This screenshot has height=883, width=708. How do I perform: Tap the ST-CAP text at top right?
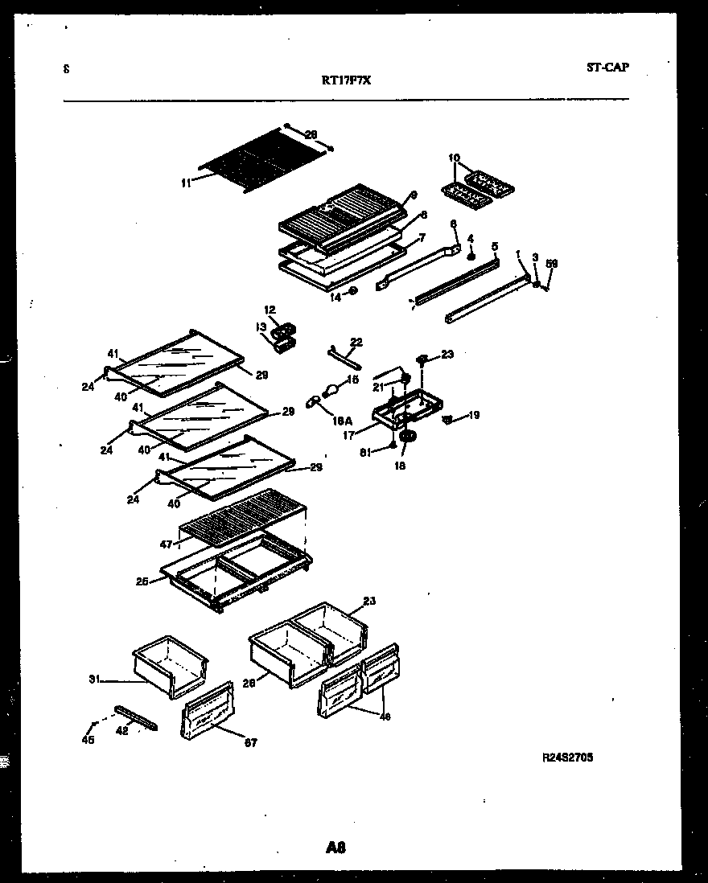(x=607, y=68)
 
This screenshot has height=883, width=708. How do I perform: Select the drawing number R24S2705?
(x=568, y=757)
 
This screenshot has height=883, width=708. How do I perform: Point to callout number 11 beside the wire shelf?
(x=186, y=183)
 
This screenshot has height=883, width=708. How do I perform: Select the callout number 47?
(x=166, y=544)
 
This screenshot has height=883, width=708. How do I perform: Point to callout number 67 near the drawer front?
(x=250, y=743)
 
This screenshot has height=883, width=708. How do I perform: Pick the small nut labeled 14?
(x=353, y=290)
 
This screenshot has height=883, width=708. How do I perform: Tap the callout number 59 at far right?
(x=552, y=264)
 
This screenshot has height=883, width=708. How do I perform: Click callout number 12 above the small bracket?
(x=270, y=308)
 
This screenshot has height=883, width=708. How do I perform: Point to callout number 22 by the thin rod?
(x=356, y=342)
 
